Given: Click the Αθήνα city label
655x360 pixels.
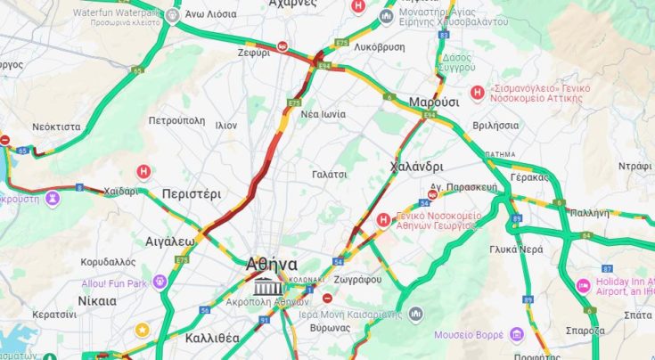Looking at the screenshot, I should click(x=272, y=265).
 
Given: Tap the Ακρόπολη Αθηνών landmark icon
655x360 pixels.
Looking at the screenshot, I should click(x=266, y=287).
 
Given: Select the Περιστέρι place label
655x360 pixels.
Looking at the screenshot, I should click(x=191, y=193).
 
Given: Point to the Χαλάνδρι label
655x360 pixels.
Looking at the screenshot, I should click(x=416, y=167).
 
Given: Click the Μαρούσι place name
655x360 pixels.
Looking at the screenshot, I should click(x=433, y=102).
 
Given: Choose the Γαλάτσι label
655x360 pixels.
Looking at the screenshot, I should click(x=329, y=175).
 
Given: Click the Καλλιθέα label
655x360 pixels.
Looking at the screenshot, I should click(x=212, y=338).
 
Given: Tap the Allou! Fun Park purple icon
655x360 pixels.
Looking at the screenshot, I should click(x=160, y=282).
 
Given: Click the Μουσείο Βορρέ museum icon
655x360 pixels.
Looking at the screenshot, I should click(x=517, y=335).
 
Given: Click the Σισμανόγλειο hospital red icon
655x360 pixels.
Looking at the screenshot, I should click(x=478, y=92).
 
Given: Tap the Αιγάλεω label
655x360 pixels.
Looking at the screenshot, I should click(x=169, y=241).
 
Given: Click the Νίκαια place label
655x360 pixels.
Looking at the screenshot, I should click(x=96, y=300).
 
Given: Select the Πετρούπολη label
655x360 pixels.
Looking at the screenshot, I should click(x=176, y=120).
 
